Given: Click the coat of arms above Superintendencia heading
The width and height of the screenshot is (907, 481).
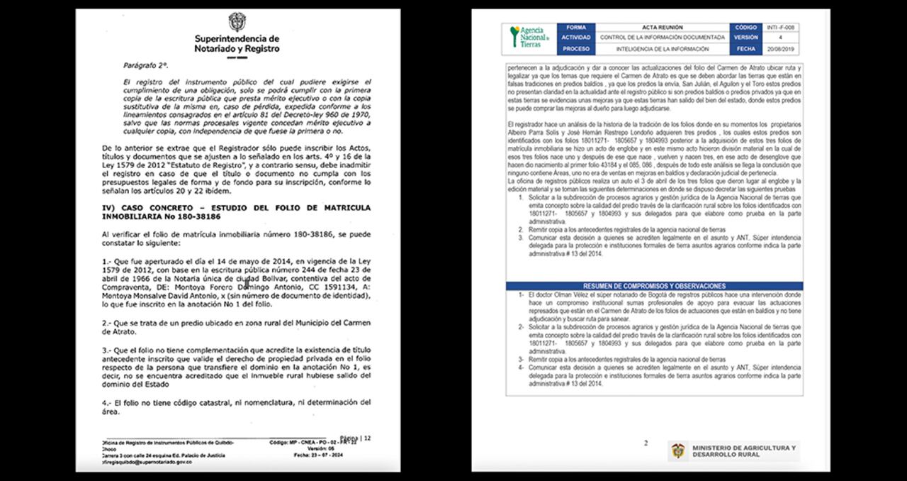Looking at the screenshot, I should [x=237, y=21].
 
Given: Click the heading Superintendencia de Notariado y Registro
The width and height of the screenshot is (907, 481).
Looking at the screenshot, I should [x=237, y=43].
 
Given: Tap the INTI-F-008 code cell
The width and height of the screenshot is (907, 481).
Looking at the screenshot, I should [x=780, y=27].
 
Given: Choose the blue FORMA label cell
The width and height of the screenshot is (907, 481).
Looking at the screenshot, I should [x=576, y=27].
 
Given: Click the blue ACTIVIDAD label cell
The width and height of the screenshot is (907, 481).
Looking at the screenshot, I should [x=576, y=38].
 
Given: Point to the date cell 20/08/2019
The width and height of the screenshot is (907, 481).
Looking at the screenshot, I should [x=780, y=49].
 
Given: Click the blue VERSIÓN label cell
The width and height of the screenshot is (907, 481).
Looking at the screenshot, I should [x=745, y=38].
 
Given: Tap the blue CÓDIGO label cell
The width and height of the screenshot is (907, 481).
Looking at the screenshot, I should [x=745, y=27].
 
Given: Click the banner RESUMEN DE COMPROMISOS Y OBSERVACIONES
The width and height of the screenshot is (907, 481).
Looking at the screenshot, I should [x=653, y=285].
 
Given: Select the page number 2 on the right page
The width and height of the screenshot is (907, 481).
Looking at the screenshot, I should [x=646, y=443].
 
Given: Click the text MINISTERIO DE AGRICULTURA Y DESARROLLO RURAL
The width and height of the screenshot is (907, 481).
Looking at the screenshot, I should [x=744, y=451].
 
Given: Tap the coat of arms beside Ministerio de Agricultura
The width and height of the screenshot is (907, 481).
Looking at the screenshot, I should [x=679, y=451].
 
